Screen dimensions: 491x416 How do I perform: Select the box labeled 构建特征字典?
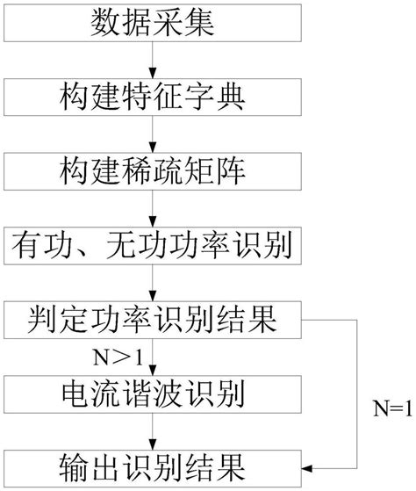(153, 95)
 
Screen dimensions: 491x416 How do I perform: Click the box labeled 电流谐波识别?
(153, 389)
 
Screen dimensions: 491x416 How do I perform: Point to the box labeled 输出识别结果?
(153, 463)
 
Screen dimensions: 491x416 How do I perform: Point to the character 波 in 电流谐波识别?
(190, 389)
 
